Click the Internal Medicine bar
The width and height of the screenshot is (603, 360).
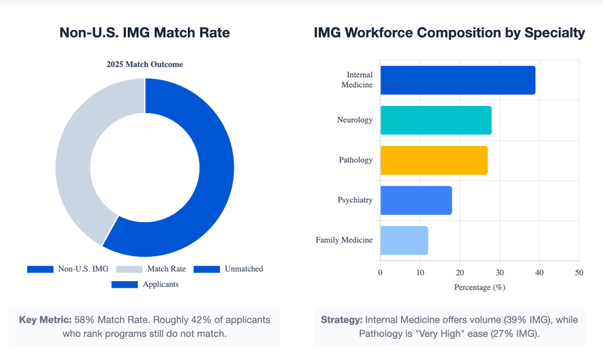click(x=458, y=80)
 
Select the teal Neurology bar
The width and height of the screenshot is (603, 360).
click(x=436, y=120)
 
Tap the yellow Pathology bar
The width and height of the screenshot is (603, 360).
click(x=433, y=160)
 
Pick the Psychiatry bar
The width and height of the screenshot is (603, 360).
click(x=416, y=200)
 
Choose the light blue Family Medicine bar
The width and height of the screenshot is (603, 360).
click(x=404, y=240)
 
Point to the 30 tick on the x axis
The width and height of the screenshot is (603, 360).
click(x=499, y=273)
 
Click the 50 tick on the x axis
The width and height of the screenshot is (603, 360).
click(x=579, y=273)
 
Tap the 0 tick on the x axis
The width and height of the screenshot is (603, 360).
click(x=380, y=273)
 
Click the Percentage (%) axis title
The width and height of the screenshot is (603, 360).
click(x=479, y=288)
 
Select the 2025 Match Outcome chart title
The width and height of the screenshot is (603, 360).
click(x=145, y=64)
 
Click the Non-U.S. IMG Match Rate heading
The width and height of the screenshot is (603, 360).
click(x=145, y=33)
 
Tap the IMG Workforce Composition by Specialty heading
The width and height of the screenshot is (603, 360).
click(x=450, y=33)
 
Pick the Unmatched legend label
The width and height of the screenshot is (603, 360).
click(x=243, y=269)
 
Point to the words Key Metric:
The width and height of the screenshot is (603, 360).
click(x=45, y=320)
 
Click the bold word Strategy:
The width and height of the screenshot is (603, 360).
click(x=342, y=320)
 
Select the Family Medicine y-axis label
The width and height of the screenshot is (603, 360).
click(x=344, y=240)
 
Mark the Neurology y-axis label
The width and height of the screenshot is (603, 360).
click(x=354, y=120)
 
